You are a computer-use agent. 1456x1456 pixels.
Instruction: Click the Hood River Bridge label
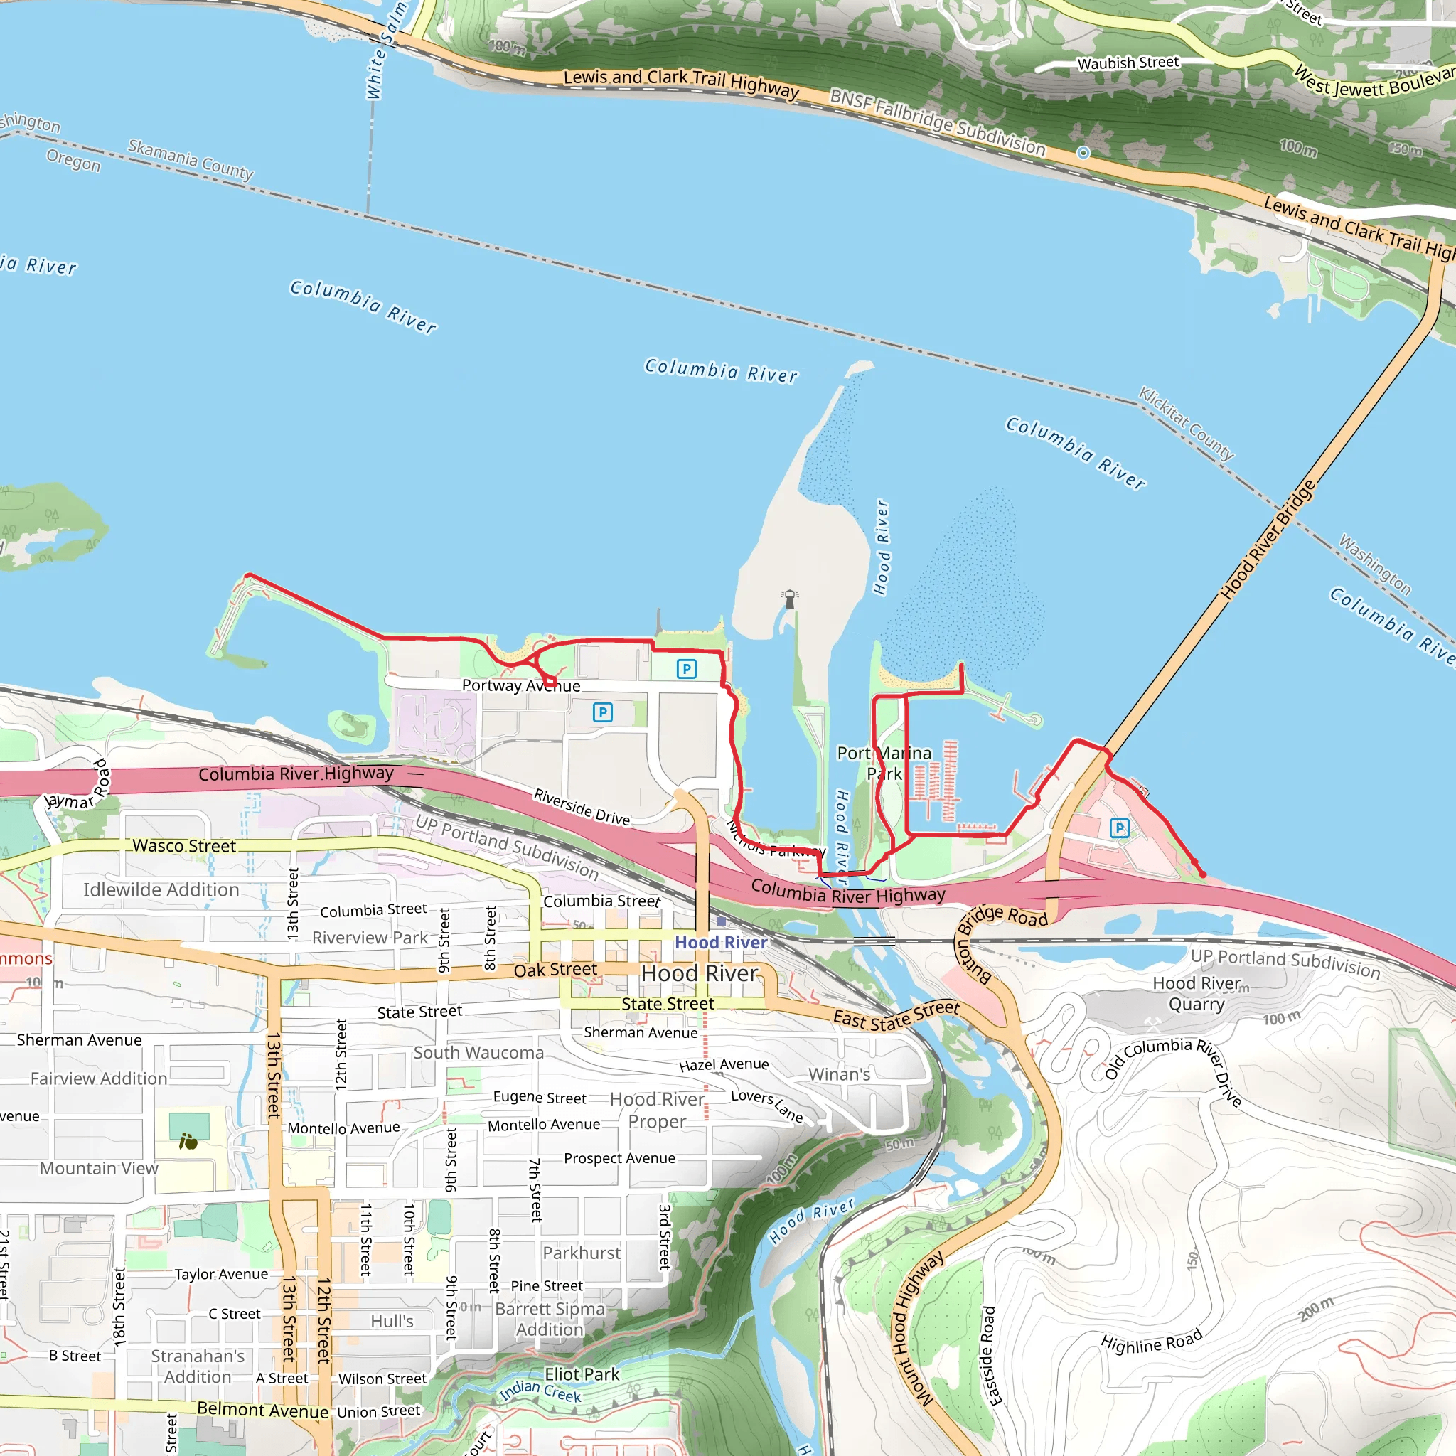click(x=1268, y=540)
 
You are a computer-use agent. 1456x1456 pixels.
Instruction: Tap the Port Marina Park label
click(x=884, y=764)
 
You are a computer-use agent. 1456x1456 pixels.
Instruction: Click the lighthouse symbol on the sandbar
click(x=790, y=599)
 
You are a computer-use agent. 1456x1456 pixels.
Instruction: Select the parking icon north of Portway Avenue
click(x=687, y=668)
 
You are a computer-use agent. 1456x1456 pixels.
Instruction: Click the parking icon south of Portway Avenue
click(x=603, y=712)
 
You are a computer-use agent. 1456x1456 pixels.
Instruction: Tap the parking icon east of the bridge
click(x=1120, y=828)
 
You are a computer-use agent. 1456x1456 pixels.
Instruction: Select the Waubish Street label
click(x=1128, y=63)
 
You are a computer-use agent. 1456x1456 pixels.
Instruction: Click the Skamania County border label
click(x=191, y=159)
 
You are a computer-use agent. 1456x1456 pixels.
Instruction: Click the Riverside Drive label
click(x=581, y=806)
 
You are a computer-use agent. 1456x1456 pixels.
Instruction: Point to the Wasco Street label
click(x=184, y=845)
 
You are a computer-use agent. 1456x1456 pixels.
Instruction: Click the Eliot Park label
click(x=582, y=1374)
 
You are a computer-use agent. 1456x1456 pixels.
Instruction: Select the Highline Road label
click(x=1151, y=1342)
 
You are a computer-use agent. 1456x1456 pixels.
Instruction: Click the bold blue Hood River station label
click(x=720, y=942)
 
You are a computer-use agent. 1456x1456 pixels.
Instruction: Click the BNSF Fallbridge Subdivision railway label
click(x=938, y=122)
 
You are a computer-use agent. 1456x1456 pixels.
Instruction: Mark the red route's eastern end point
click(x=1203, y=875)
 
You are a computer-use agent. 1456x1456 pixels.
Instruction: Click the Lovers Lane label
click(x=766, y=1105)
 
